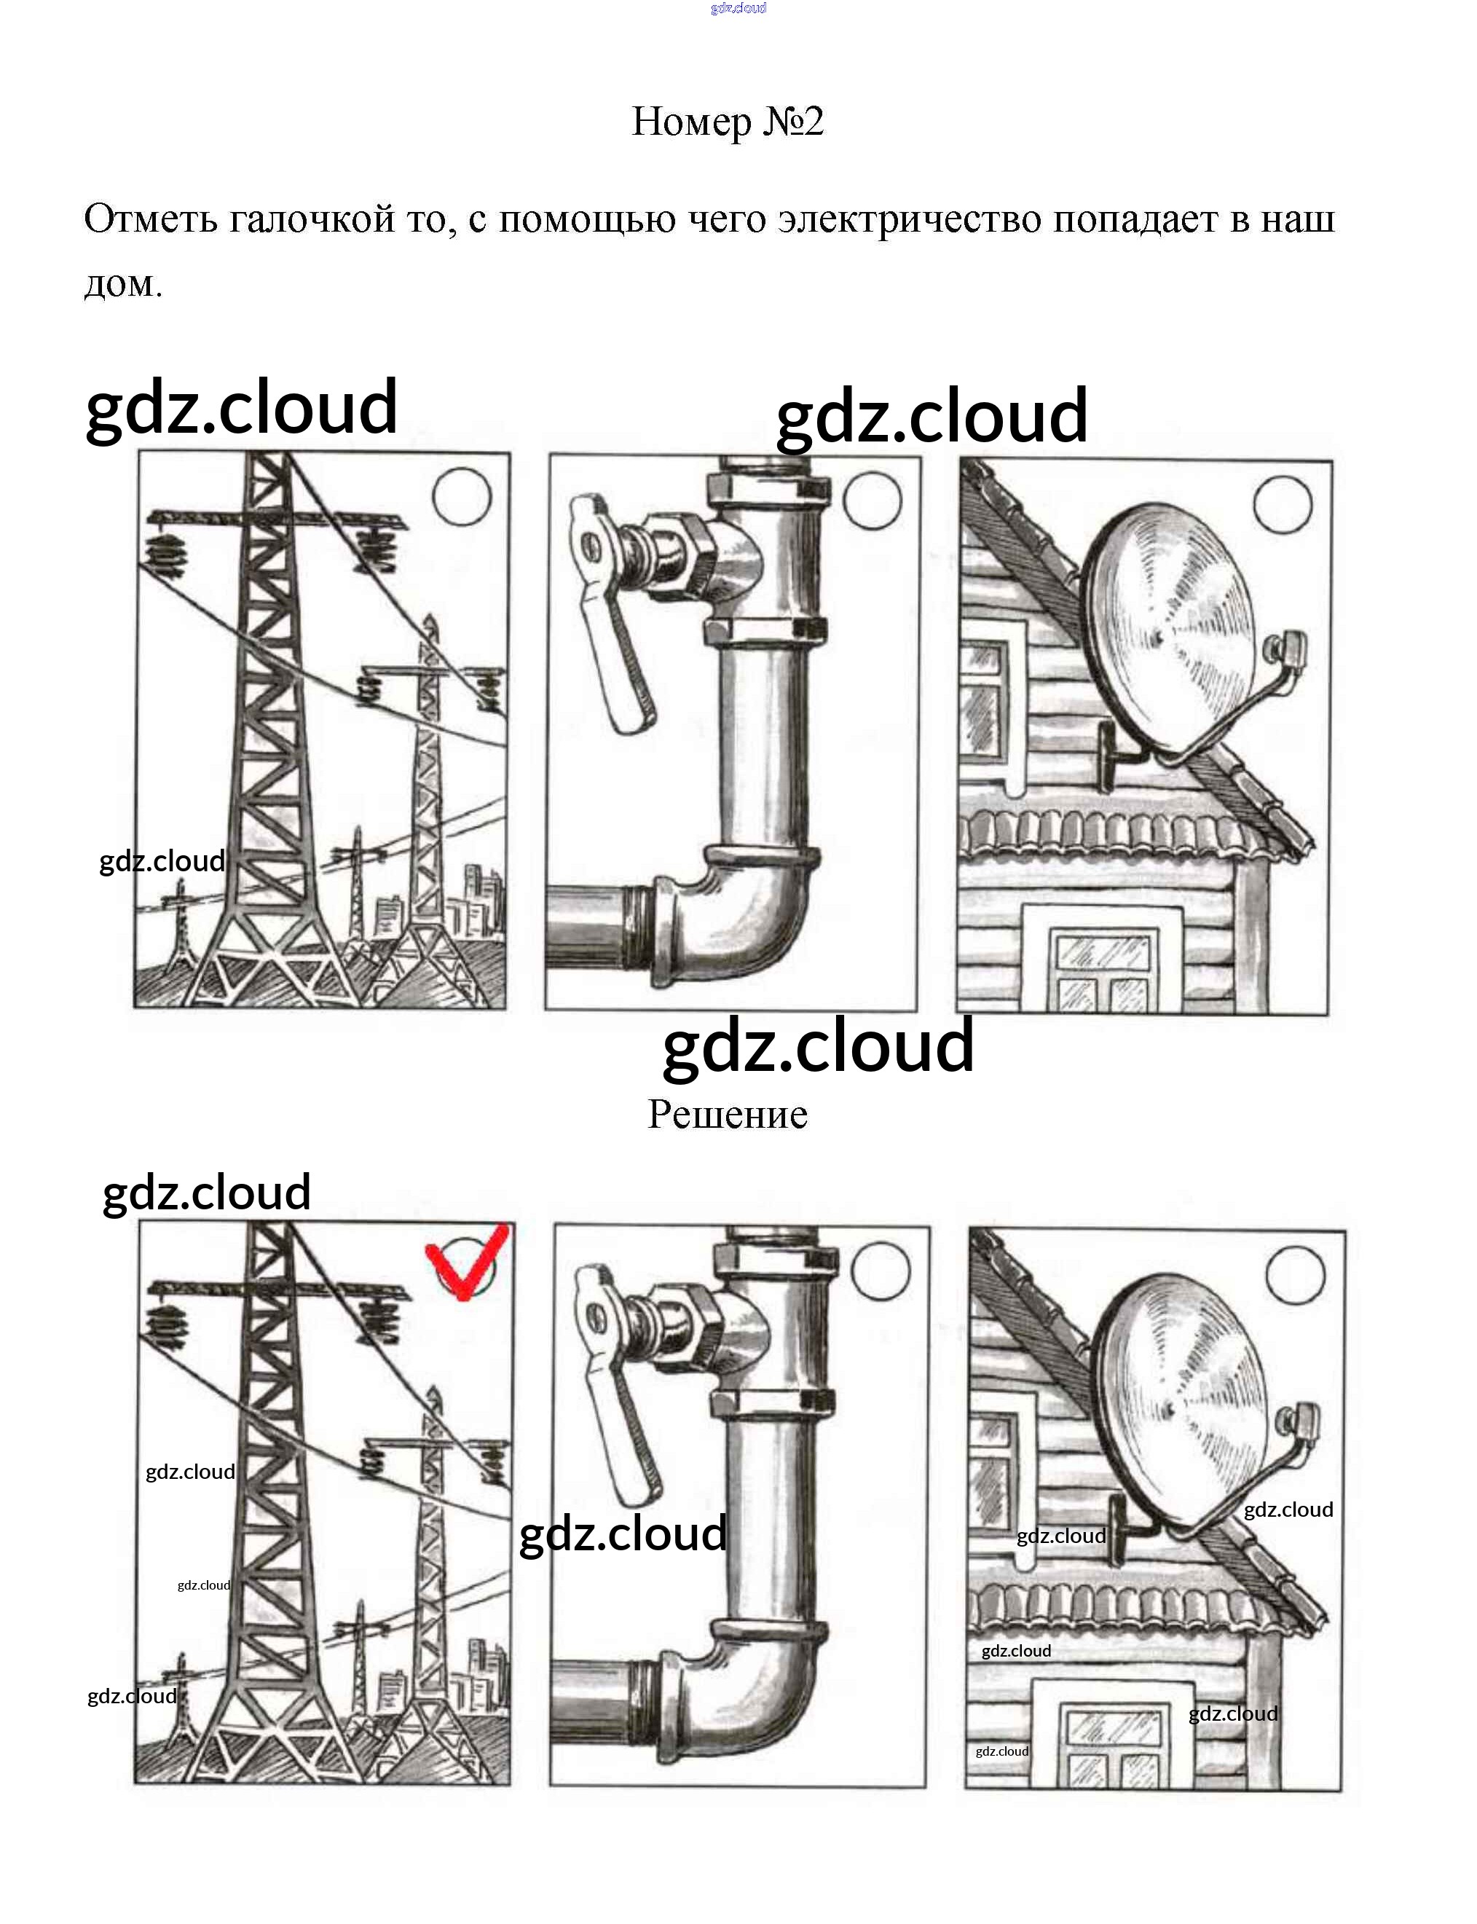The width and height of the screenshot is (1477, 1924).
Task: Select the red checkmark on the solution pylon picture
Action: pyautogui.click(x=466, y=1261)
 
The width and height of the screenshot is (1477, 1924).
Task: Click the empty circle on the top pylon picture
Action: pyautogui.click(x=462, y=497)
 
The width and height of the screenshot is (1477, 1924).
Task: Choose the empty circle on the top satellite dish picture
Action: pyautogui.click(x=1283, y=505)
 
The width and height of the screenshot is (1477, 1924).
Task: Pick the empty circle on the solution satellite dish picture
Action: pyautogui.click(x=1295, y=1274)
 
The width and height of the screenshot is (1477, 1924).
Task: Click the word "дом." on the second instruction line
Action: pyautogui.click(x=123, y=284)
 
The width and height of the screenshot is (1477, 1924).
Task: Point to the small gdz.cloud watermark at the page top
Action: pyautogui.click(x=738, y=8)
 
